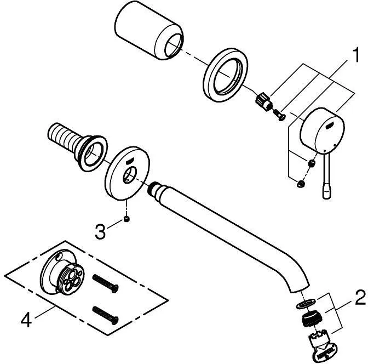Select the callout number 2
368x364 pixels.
pyautogui.click(x=359, y=299)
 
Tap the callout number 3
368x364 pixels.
pyautogui.click(x=100, y=231)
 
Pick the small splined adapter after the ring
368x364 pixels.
pyautogui.click(x=263, y=103)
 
